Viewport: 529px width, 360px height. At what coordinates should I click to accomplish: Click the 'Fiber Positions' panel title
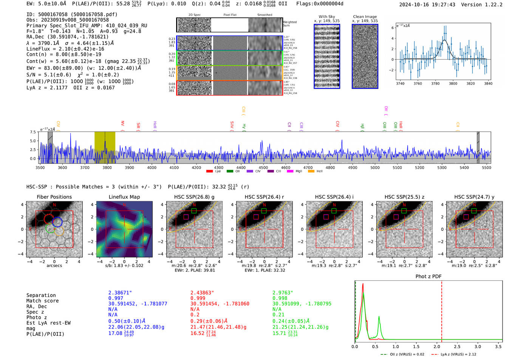click(54, 197)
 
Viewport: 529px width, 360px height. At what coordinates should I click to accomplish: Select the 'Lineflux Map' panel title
click(124, 197)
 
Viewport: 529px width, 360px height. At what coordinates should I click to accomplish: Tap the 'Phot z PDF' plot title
click(428, 276)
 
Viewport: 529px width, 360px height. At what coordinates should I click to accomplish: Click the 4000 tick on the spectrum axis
click(152, 168)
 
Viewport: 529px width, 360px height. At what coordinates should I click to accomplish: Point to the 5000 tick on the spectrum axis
click(375, 168)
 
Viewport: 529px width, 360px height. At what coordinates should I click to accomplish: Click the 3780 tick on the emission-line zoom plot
click(435, 83)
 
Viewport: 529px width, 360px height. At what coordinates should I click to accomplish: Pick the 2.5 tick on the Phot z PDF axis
click(458, 346)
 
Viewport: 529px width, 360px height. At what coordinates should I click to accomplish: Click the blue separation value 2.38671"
click(120, 293)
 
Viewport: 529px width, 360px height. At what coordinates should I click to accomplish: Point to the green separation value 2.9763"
click(283, 293)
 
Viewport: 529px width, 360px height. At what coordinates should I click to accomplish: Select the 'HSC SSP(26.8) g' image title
click(194, 197)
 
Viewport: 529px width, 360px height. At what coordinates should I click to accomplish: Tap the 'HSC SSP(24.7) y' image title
click(474, 197)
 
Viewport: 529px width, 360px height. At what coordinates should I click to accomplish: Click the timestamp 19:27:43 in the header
click(442, 5)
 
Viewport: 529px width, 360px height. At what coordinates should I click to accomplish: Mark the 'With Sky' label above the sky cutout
click(327, 17)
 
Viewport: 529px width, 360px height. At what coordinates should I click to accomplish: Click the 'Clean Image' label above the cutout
click(365, 17)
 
